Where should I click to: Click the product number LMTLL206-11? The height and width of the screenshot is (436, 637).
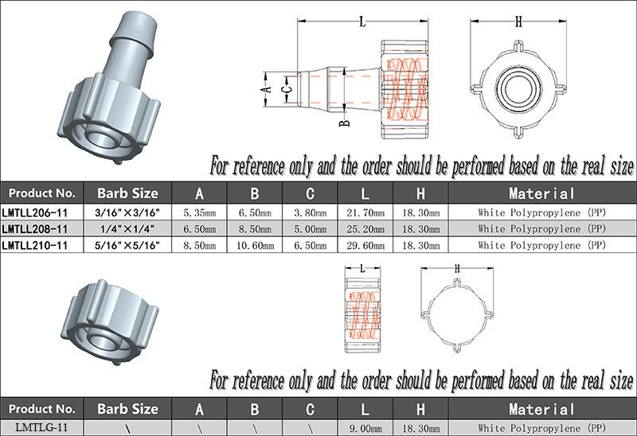tap(34, 212)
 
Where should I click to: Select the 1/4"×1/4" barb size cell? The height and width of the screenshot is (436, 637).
tap(127, 229)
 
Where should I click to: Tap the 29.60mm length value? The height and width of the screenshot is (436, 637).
tap(365, 245)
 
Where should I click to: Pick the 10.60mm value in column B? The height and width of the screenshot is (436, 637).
tap(255, 245)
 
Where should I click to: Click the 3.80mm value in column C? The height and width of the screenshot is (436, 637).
tap(310, 212)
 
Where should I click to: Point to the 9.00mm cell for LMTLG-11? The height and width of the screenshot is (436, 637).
tap(365, 428)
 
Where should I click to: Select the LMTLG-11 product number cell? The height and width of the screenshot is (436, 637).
tap(42, 427)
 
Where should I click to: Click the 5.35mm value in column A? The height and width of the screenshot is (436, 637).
tap(200, 212)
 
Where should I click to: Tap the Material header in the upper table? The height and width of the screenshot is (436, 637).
tap(542, 193)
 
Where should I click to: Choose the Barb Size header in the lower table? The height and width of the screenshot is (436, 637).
tap(127, 409)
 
